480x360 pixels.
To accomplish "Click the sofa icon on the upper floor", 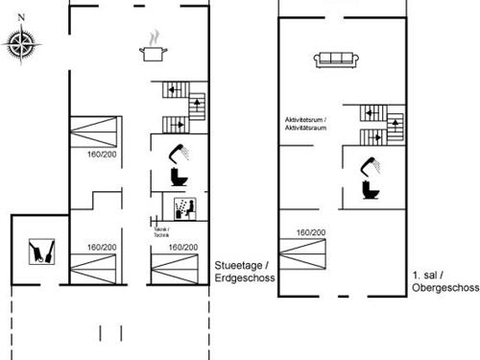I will click(x=335, y=60).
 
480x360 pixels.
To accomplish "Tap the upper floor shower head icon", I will click(x=370, y=161).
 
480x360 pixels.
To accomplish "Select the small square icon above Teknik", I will click(x=181, y=208).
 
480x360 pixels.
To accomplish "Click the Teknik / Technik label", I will click(x=161, y=231).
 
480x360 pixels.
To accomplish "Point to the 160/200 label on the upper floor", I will click(x=309, y=232).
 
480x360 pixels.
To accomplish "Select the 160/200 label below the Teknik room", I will click(x=182, y=247).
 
